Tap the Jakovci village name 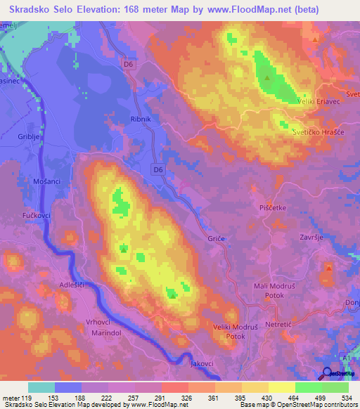click(202, 364)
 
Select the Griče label click(216, 239)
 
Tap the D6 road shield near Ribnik click(159, 169)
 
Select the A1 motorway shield click(345, 358)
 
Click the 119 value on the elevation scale click(27, 398)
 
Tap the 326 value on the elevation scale click(185, 398)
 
